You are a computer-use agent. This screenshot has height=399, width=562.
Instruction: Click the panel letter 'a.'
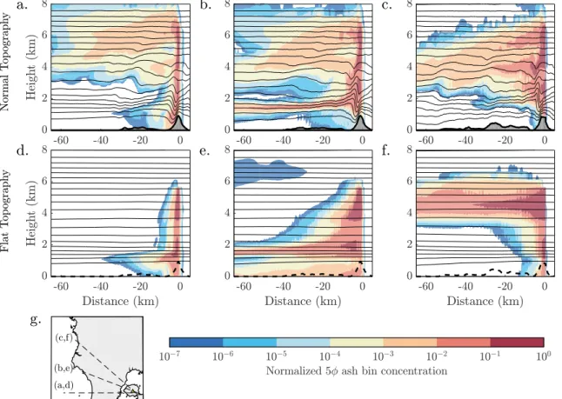coord(22,5)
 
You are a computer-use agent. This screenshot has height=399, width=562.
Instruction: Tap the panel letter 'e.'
coord(204,151)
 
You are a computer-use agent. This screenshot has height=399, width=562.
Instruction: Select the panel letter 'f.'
coord(386,150)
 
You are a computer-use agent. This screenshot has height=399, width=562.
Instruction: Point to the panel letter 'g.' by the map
coord(36,319)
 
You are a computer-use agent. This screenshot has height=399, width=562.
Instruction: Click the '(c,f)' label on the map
coord(64,338)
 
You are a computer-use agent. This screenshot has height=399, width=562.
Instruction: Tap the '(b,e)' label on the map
coord(64,368)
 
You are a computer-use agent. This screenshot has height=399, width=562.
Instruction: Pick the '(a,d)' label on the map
coord(64,385)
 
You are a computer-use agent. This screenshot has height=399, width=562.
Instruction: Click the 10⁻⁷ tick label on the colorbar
coord(169,356)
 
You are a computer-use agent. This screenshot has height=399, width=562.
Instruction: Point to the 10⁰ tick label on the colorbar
coord(544,356)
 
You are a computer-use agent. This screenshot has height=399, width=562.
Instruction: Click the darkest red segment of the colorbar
coord(517,342)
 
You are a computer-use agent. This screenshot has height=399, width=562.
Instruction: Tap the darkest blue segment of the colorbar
coord(196,342)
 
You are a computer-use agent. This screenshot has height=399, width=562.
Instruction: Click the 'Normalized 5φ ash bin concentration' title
coord(357,370)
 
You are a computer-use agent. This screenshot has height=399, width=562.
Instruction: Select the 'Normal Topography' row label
coord(4,62)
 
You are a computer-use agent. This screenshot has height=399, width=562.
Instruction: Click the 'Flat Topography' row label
coord(4,210)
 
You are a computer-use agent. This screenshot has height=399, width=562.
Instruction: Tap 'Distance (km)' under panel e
coord(303,301)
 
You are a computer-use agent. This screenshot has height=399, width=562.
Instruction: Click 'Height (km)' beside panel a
coord(31,67)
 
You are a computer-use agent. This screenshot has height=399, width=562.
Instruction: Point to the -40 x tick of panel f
coord(465,286)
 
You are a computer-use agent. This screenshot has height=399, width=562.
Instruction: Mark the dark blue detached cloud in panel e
coord(270,172)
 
